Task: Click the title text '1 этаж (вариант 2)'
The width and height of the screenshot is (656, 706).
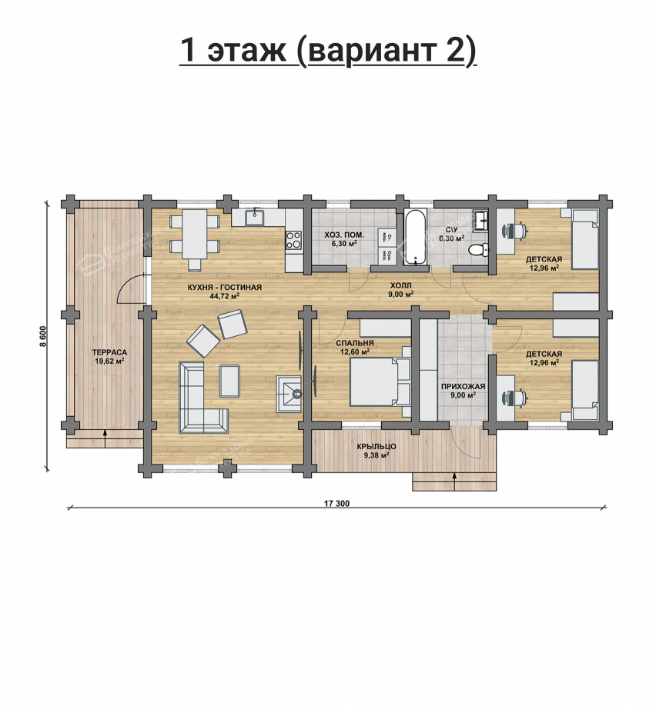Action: [328, 51]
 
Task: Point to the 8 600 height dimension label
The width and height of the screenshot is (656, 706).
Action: [44, 336]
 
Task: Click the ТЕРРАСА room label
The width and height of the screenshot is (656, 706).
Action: [110, 352]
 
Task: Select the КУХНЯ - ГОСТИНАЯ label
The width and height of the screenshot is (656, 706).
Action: [225, 287]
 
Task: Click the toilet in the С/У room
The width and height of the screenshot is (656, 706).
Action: [478, 249]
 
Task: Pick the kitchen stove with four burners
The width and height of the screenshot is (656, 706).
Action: [294, 239]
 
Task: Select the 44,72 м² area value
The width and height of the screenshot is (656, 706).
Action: [225, 295]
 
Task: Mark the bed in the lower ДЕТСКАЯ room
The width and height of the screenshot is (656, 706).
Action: [584, 388]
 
